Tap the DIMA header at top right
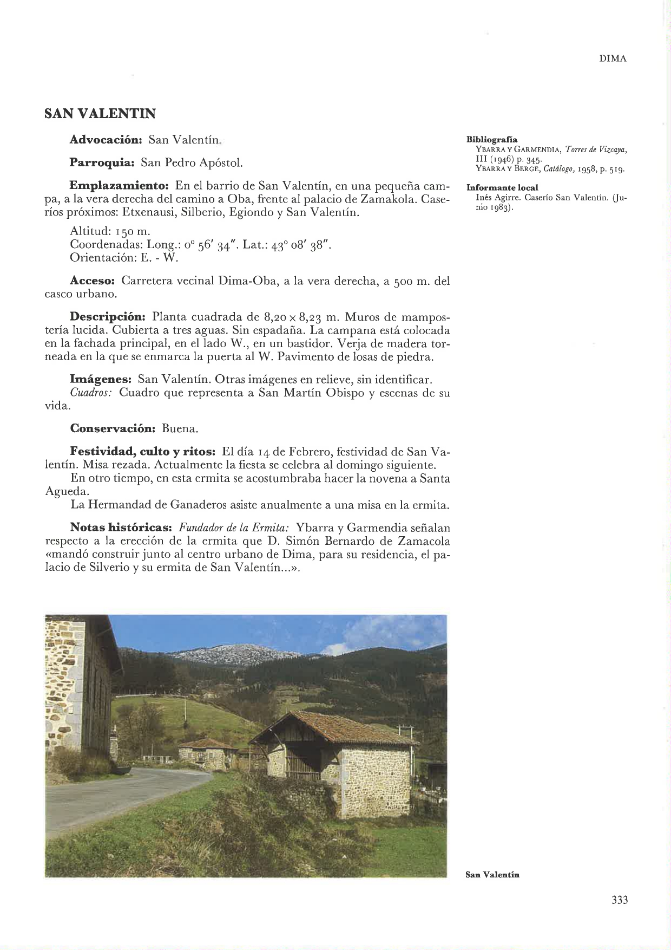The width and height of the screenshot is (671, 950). click(613, 59)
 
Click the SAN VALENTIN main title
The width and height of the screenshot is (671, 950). click(100, 114)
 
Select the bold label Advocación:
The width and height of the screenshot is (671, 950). click(106, 140)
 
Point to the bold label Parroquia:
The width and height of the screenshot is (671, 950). click(102, 162)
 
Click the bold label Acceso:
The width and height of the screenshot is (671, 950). click(93, 281)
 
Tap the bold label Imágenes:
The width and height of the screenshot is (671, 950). click(101, 379)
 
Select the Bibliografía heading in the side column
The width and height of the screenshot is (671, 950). click(492, 140)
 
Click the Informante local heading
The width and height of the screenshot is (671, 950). click(502, 187)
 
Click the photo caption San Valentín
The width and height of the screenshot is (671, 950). click(492, 875)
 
